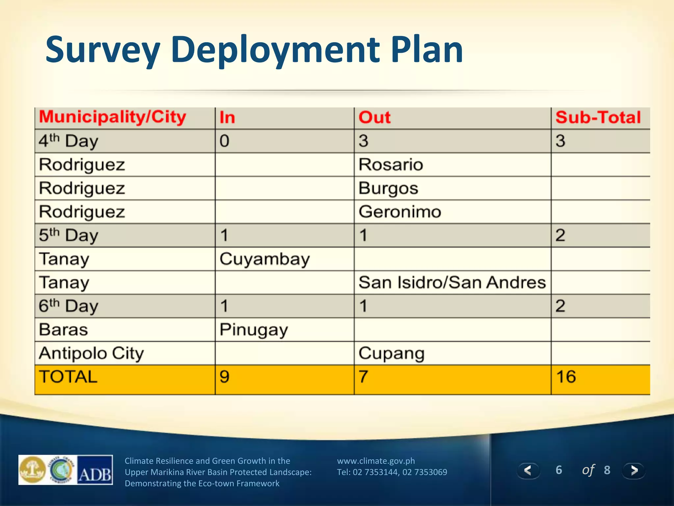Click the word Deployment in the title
(275, 50)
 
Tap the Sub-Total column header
(598, 117)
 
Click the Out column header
(375, 117)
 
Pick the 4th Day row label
(68, 141)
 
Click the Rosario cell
(391, 164)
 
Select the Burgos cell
(388, 188)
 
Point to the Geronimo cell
(400, 211)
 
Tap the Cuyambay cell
(265, 259)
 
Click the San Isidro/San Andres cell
(452, 282)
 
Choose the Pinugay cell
(254, 329)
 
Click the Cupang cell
(391, 353)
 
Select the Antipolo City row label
(91, 353)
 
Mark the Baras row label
(64, 329)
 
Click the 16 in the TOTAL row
(566, 377)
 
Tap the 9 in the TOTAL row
(224, 377)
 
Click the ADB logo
(95, 470)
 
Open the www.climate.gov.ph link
(376, 461)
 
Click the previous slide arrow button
(528, 470)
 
